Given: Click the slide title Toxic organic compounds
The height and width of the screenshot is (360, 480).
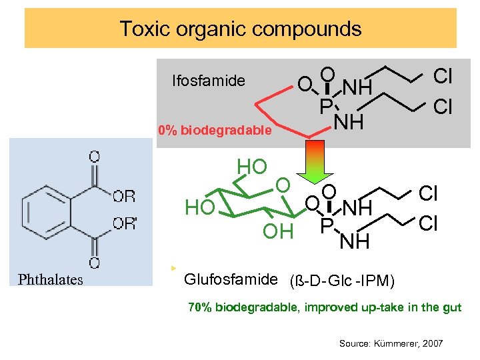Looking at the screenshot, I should coord(240,29).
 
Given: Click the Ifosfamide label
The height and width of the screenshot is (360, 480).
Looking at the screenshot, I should coord(208,81).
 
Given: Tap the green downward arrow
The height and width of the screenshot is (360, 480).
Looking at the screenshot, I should coord(315,163).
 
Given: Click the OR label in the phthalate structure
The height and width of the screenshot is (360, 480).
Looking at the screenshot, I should coord(124,196).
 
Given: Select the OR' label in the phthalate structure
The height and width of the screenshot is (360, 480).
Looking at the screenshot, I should coord(125,223).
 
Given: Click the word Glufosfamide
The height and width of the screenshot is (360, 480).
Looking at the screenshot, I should coord(229,279).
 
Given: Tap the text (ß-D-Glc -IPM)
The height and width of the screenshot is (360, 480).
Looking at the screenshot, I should coord(342,281).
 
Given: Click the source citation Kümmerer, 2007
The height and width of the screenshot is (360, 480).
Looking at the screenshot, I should coord(391,343).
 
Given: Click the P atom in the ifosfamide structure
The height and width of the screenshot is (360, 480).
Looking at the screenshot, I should coord(325,107).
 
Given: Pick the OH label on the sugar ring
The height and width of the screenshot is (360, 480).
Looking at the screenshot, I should coord(278,231).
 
